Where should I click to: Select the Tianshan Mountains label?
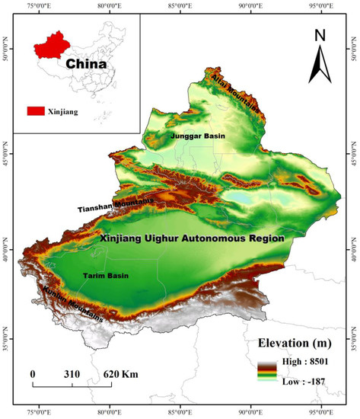pyautogui.click(x=115, y=205)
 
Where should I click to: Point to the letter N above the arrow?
pyautogui.click(x=320, y=35)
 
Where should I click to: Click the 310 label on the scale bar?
pyautogui.click(x=73, y=375)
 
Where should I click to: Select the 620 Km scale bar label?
pyautogui.click(x=119, y=375)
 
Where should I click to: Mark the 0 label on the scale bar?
pyautogui.click(x=33, y=375)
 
